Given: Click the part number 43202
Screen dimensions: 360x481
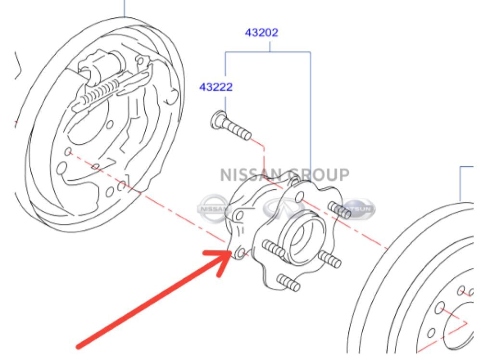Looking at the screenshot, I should coord(262,33).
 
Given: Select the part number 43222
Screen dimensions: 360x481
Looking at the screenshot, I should coord(216,87).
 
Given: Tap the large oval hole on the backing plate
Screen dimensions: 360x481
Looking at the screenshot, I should coord(61,168).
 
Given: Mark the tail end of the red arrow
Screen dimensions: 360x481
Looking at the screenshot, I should coord(79,345).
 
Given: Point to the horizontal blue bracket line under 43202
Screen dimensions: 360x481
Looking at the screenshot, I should coord(268,52).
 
